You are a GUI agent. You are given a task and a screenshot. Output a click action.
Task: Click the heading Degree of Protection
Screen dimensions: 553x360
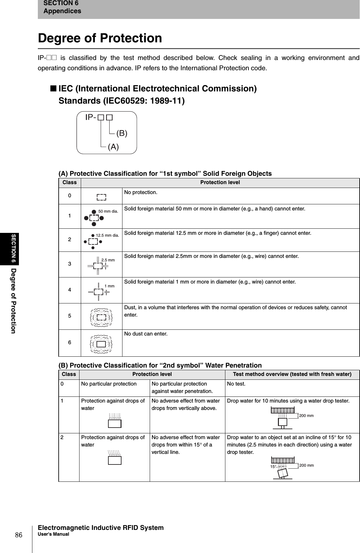click(100, 38)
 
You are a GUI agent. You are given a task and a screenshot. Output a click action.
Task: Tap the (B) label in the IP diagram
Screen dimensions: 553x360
click(122, 133)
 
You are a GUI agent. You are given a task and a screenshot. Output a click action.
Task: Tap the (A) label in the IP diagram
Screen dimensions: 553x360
click(113, 147)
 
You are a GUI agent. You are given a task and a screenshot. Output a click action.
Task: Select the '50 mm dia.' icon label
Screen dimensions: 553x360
click(108, 211)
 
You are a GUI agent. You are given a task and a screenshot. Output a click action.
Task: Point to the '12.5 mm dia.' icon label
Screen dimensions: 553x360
click(107, 235)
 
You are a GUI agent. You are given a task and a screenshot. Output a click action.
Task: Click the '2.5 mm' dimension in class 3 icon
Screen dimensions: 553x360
click(108, 260)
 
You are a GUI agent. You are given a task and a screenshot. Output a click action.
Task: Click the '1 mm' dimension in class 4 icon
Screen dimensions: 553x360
click(109, 286)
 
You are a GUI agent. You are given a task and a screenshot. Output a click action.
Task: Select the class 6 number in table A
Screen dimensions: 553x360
click(70, 342)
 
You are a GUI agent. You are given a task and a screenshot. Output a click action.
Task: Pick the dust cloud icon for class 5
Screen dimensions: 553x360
click(101, 317)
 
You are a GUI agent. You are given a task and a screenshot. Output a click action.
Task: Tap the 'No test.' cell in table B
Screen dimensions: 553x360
click(236, 384)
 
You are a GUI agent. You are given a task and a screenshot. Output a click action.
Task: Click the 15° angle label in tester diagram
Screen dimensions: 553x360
click(273, 467)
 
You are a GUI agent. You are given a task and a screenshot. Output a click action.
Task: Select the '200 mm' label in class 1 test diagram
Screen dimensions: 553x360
click(306, 416)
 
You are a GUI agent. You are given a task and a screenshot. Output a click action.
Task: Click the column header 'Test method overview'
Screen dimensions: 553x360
click(292, 374)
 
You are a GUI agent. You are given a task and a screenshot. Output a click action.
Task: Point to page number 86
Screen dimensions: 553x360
click(19, 535)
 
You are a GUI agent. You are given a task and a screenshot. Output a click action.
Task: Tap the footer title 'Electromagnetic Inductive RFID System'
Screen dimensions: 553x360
click(101, 528)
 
